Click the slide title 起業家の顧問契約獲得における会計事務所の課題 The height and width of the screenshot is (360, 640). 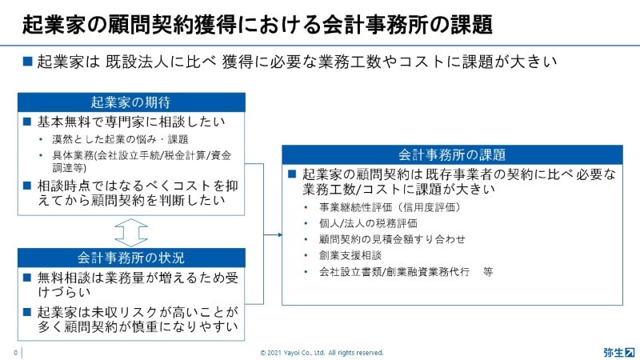(x=257, y=25)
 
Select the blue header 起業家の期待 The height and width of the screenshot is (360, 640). (x=131, y=102)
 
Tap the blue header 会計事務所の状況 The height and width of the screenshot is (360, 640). (x=131, y=258)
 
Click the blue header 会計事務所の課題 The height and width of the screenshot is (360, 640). (x=452, y=154)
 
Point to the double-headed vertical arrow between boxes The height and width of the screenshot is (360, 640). (x=131, y=232)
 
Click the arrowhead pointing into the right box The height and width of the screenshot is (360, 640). (x=279, y=234)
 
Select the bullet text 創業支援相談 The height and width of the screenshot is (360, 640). (x=350, y=255)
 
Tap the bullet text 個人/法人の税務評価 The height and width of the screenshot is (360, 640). (x=368, y=223)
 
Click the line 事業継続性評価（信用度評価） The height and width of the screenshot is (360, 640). (x=390, y=207)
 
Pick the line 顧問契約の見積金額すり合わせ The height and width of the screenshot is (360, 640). (x=392, y=239)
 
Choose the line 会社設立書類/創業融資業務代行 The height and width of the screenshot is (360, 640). (x=394, y=272)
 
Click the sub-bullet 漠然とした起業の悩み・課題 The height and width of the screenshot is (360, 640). (x=120, y=139)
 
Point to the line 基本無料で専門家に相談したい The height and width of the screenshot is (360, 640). (x=131, y=122)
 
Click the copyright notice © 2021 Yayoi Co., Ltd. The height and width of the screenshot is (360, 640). (x=322, y=353)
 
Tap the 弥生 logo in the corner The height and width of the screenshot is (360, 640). (x=618, y=352)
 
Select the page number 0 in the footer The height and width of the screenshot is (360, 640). (x=15, y=353)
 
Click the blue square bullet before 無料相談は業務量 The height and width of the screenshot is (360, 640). (x=27, y=278)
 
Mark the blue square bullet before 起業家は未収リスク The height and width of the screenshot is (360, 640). (x=27, y=312)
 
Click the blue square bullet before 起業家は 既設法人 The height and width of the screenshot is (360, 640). (x=27, y=62)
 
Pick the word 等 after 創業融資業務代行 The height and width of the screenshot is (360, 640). (x=488, y=272)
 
